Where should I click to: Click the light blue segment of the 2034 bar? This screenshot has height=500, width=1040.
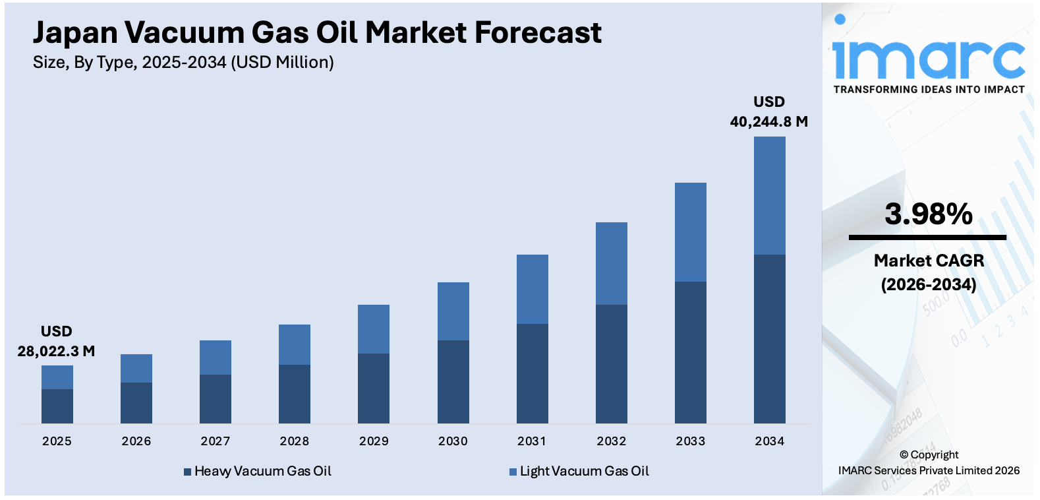(769, 195)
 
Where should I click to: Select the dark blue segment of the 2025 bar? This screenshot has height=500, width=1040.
(57, 406)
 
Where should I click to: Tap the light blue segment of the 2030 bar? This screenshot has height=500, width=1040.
(453, 311)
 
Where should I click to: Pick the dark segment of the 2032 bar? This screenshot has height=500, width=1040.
(611, 363)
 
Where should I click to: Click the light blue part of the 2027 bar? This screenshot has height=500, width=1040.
(216, 357)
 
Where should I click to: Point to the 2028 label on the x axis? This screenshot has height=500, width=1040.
(295, 441)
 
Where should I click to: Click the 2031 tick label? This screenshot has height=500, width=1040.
(532, 441)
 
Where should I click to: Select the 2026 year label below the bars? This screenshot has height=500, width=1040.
(136, 441)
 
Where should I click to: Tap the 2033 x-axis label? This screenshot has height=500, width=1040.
(690, 441)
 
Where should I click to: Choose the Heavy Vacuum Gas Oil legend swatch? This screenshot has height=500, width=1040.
(187, 472)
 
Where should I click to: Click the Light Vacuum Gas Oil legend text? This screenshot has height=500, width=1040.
(584, 472)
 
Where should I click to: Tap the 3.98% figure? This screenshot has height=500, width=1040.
(928, 214)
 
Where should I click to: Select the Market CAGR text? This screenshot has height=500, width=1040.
(929, 261)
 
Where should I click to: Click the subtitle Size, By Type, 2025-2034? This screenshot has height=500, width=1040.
(183, 63)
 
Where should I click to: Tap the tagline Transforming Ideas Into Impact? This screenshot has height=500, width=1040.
(929, 90)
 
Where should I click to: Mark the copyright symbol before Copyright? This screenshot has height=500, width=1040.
(904, 455)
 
